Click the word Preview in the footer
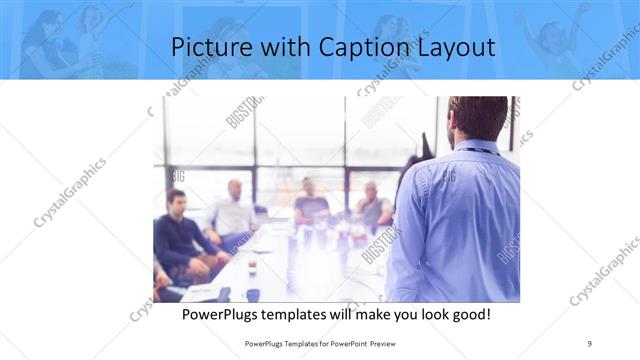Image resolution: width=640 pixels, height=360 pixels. pyautogui.click(x=380, y=343)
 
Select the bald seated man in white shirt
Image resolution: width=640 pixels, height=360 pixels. pyautogui.click(x=234, y=212)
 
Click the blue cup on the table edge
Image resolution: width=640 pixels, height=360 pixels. pyautogui.click(x=252, y=294)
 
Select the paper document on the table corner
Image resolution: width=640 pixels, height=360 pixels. pyautogui.click(x=199, y=291)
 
